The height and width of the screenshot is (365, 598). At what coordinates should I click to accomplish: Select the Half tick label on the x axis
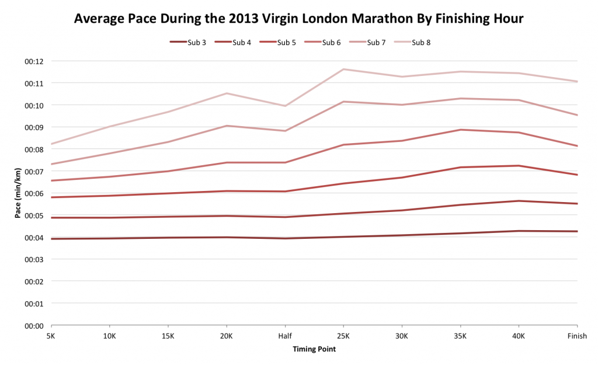[285, 336]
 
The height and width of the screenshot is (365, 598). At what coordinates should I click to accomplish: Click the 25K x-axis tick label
[343, 336]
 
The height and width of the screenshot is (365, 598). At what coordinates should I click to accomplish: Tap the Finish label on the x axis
[577, 336]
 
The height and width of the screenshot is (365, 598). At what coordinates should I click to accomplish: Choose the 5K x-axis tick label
[51, 336]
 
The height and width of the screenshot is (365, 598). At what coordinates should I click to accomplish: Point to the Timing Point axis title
[314, 349]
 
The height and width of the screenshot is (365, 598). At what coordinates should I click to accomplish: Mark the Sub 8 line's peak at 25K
[343, 69]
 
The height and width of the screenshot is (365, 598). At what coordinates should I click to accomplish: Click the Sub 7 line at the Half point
[285, 131]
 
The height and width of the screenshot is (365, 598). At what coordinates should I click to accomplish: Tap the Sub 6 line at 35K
[460, 130]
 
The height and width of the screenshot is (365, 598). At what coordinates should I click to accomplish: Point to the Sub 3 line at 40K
[519, 231]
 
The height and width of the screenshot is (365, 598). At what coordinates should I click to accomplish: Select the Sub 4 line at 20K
[227, 216]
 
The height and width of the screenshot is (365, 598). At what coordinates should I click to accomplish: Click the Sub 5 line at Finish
[576, 175]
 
